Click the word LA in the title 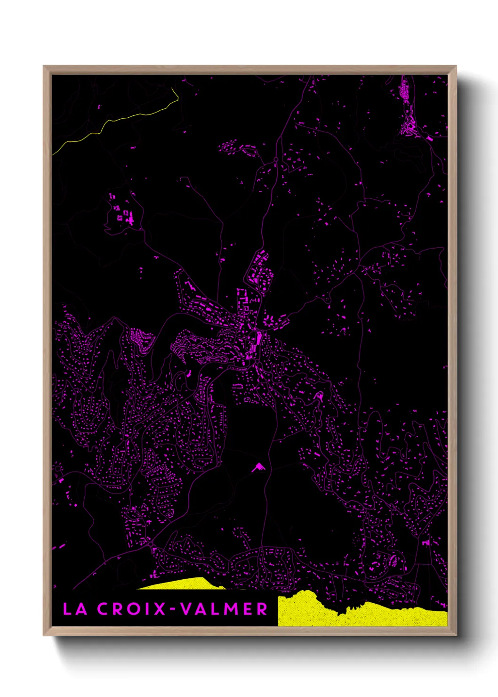pos(75,609)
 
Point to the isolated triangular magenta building pos(258,467)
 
